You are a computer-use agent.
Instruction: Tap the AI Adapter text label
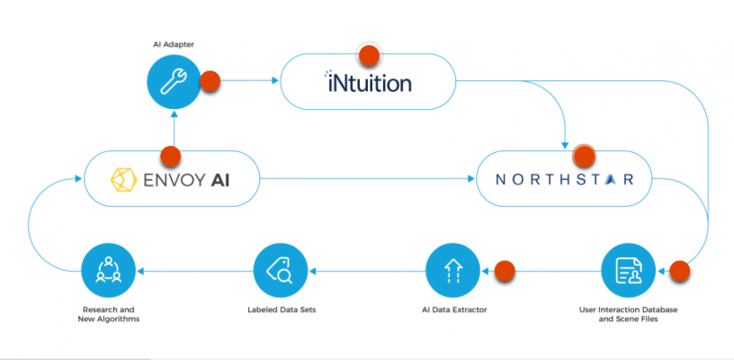[173, 43]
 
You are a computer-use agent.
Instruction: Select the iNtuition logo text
[368, 84]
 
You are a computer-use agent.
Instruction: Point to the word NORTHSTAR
[565, 179]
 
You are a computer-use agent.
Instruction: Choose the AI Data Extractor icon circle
[452, 269]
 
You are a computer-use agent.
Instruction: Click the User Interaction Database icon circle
[628, 269]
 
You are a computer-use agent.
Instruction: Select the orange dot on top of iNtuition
[368, 56]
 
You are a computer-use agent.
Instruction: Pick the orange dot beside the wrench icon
[210, 82]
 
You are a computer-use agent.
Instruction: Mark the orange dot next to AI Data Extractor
[505, 269]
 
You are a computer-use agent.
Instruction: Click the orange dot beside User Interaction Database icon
[681, 269]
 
